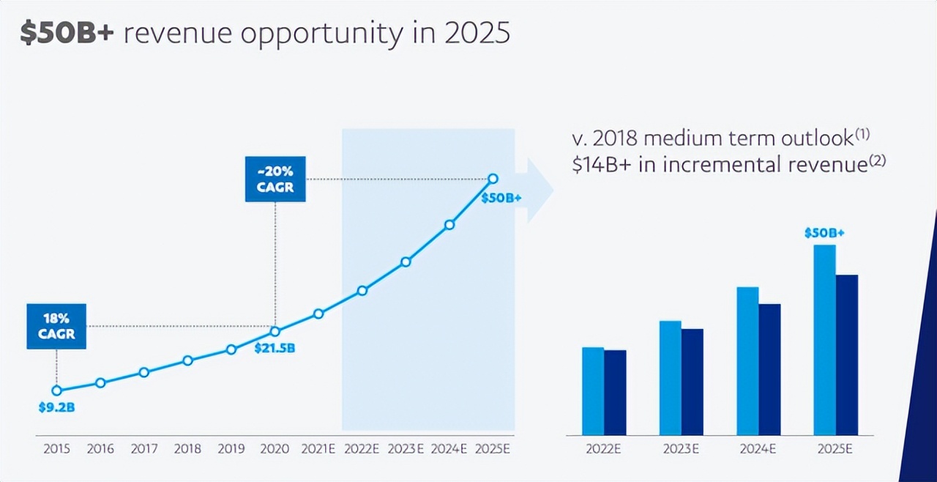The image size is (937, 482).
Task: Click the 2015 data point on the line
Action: [56, 390]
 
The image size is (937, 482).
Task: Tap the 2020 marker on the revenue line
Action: [275, 331]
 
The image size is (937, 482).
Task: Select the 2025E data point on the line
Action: [493, 179]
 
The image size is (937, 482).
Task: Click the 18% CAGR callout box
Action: [56, 326]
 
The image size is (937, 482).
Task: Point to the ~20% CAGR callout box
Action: [275, 179]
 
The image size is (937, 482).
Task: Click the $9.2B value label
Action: [56, 407]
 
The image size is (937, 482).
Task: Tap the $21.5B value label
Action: [275, 348]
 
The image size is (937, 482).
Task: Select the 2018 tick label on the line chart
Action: [187, 449]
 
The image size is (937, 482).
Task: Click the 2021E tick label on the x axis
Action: [318, 449]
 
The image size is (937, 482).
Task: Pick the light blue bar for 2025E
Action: [824, 340]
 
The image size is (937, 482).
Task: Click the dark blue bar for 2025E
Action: [847, 355]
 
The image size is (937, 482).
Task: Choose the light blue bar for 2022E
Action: [593, 391]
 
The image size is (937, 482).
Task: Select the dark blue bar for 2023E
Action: [693, 382]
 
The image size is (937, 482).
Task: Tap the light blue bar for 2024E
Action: [747, 361]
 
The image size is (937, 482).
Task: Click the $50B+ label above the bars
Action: [824, 234]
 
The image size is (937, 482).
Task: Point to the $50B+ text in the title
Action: [67, 34]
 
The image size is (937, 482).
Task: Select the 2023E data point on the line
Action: [406, 262]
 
